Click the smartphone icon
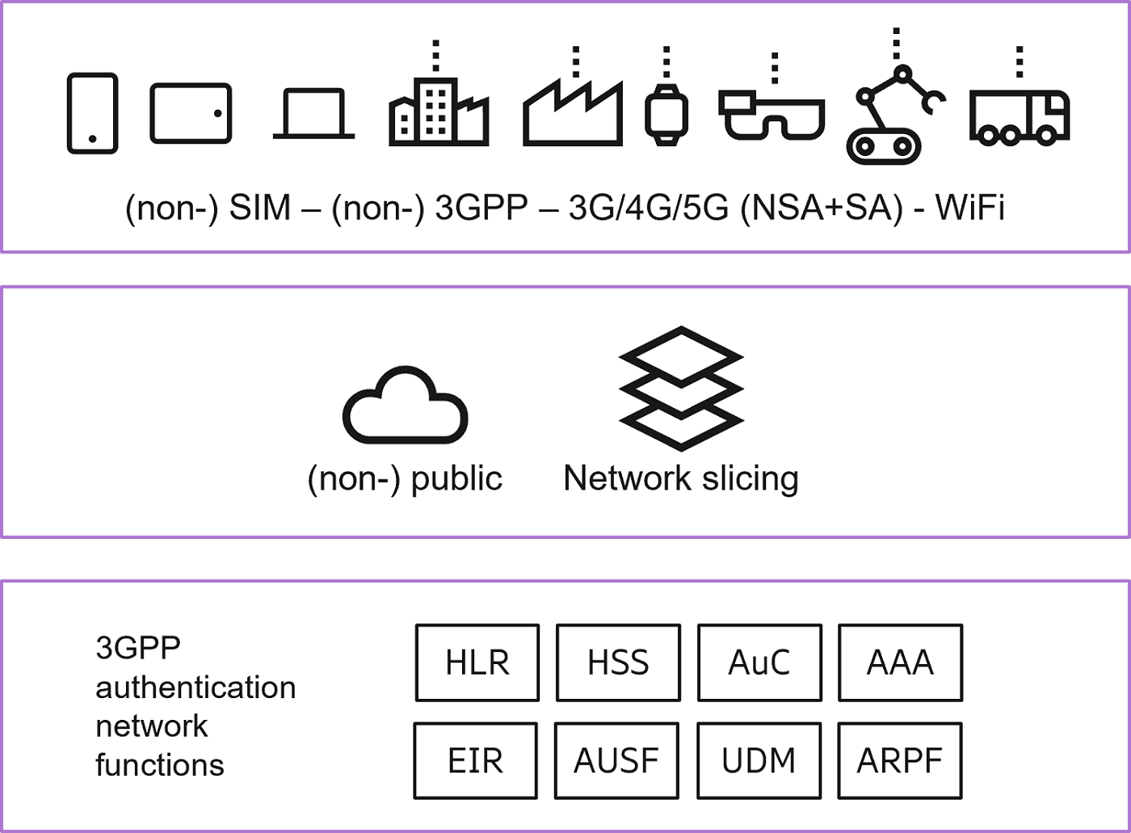[x=92, y=113]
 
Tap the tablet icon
[x=191, y=113]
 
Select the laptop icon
[x=313, y=115]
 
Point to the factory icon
[x=573, y=112]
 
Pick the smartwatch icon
[x=666, y=114]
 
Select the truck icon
[x=1019, y=117]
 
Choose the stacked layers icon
[x=681, y=388]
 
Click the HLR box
[x=477, y=663]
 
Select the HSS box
[x=618, y=663]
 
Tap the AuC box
[x=759, y=663]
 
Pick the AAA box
[x=900, y=663]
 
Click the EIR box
[x=475, y=761]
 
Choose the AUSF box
[x=616, y=761]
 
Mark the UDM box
[x=759, y=761]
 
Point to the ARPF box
[x=899, y=761]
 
